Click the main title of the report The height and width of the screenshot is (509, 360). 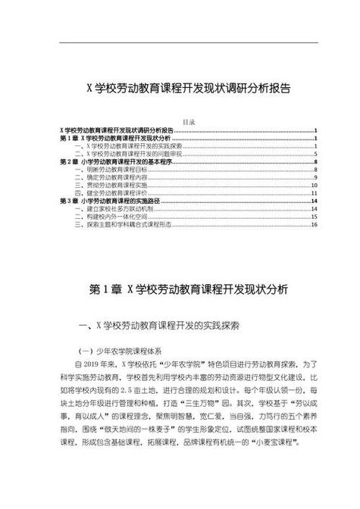(x=180, y=89)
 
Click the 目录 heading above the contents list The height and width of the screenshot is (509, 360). (x=189, y=122)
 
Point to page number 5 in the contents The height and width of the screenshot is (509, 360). (x=315, y=155)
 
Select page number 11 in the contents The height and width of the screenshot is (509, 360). (x=314, y=193)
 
